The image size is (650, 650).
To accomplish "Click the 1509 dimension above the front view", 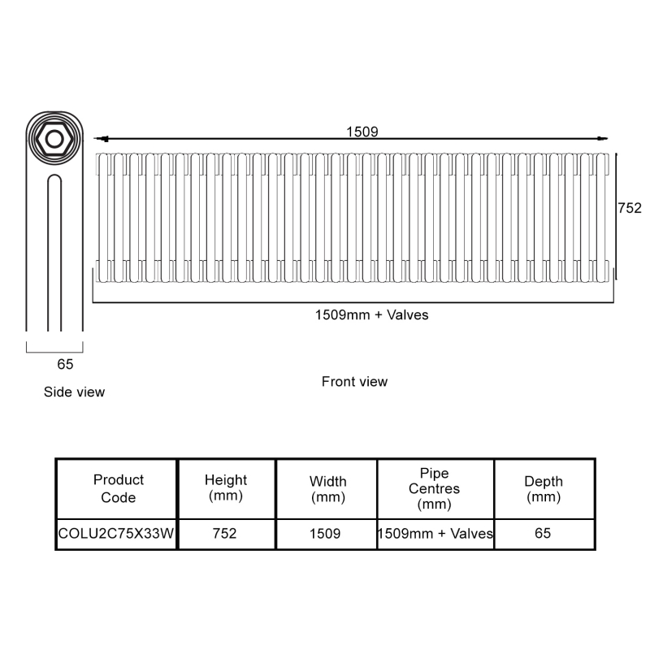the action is pyautogui.click(x=362, y=132).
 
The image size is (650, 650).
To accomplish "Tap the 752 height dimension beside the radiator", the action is pyautogui.click(x=630, y=208).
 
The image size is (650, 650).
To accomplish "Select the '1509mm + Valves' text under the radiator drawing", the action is pyautogui.click(x=371, y=315).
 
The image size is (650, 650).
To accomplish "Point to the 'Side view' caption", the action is pyautogui.click(x=74, y=392).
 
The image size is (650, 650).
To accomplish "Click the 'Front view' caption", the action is pyautogui.click(x=354, y=381).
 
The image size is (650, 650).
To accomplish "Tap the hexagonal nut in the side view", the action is pyautogui.click(x=54, y=138).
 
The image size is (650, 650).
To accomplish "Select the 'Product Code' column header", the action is pyautogui.click(x=118, y=488).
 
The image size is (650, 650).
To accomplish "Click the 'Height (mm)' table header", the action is pyautogui.click(x=226, y=488).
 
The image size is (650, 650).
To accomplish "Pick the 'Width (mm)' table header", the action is pyautogui.click(x=327, y=488).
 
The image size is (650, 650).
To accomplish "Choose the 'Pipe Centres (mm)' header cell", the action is pyautogui.click(x=434, y=488).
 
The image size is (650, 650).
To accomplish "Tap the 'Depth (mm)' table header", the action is pyautogui.click(x=543, y=488).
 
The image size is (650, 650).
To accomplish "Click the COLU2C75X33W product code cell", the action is pyautogui.click(x=117, y=534).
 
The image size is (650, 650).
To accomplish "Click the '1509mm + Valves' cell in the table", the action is pyautogui.click(x=435, y=534).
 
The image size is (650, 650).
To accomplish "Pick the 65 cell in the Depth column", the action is pyautogui.click(x=543, y=534).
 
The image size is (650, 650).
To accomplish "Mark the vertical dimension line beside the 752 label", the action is pyautogui.click(x=617, y=215).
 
